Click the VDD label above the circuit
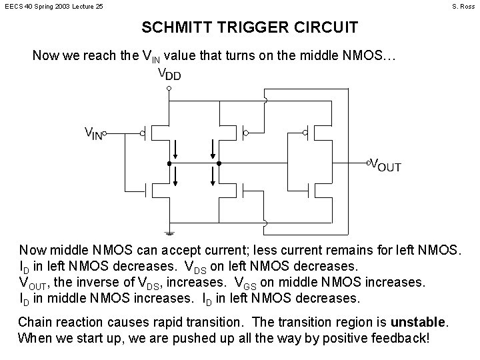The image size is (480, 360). coord(169,73)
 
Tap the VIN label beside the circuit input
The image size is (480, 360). coord(93,133)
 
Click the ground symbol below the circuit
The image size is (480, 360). coord(169,233)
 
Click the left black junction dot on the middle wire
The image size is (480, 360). coord(169,163)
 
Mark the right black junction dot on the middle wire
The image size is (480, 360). coord(217,163)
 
